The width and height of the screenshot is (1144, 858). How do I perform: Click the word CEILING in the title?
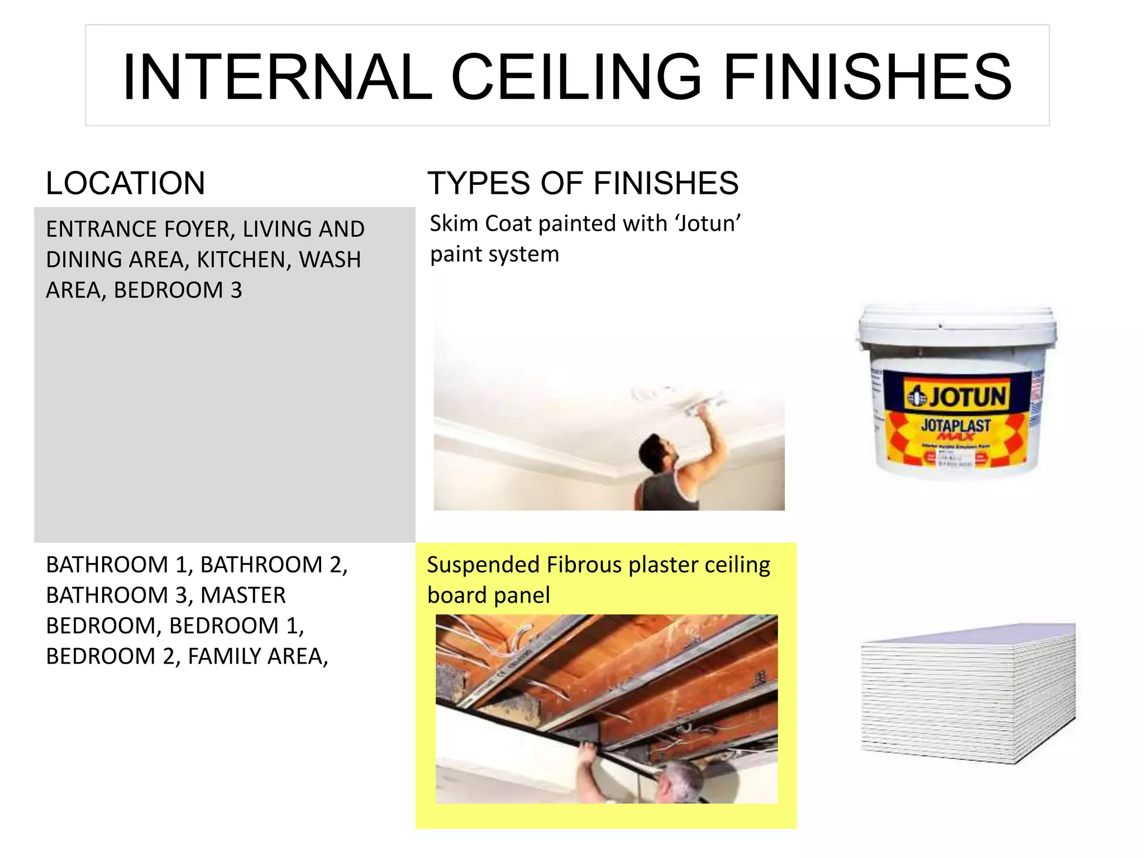point(575,77)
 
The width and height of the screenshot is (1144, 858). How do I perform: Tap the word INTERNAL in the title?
point(277,77)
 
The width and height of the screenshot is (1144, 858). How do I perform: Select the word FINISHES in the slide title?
point(867,77)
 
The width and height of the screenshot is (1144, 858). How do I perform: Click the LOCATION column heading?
point(125,183)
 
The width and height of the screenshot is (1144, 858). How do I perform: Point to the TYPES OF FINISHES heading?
point(583,183)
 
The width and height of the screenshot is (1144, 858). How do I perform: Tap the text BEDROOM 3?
point(178,290)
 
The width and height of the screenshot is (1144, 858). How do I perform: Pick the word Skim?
point(454,223)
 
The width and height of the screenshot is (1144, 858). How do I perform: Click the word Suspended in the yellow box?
point(483,565)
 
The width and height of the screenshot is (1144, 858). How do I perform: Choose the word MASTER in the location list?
point(243,595)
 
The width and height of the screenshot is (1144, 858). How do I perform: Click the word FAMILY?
point(224,656)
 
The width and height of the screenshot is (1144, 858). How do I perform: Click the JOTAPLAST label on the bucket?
point(956,425)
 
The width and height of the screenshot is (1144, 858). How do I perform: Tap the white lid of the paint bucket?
point(956,324)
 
